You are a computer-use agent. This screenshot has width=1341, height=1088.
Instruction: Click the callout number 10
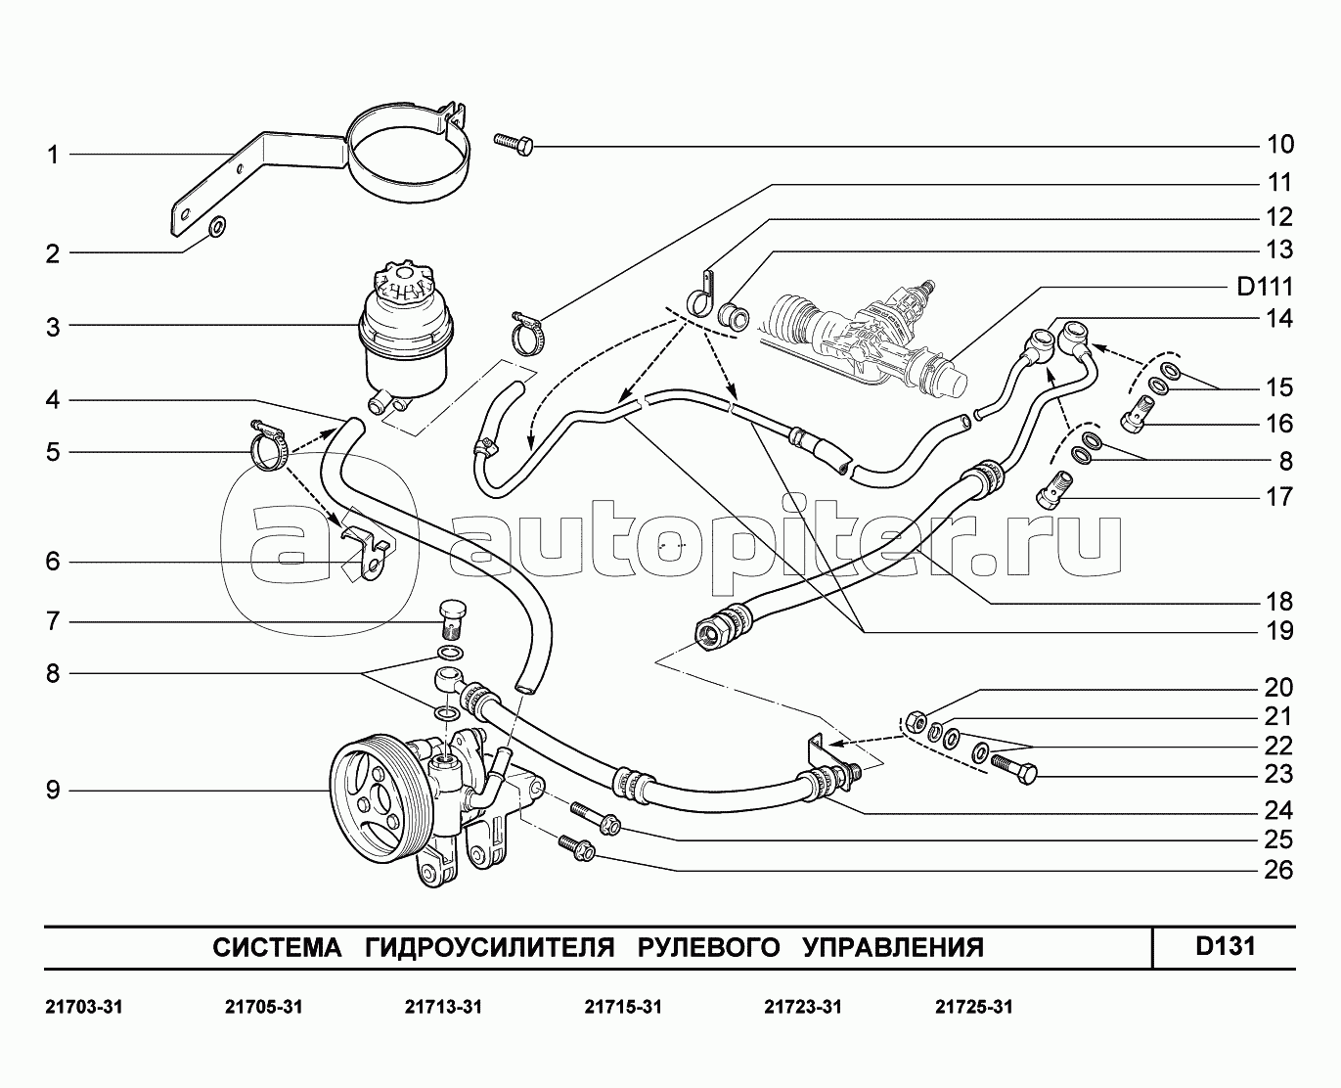(x=1279, y=145)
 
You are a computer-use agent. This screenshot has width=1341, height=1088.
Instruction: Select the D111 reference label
(x=1265, y=287)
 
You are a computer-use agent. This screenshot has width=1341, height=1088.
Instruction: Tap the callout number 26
(x=1278, y=870)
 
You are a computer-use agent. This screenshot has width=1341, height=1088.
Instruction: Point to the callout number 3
(x=53, y=327)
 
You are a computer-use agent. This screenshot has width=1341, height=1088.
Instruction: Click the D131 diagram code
(x=1225, y=946)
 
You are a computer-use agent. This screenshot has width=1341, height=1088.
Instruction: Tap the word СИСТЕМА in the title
(x=277, y=947)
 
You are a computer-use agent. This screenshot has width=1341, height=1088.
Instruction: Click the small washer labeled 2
(x=217, y=229)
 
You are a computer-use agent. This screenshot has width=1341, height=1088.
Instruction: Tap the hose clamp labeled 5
(x=269, y=448)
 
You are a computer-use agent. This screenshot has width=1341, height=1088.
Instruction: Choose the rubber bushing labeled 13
(x=736, y=315)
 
